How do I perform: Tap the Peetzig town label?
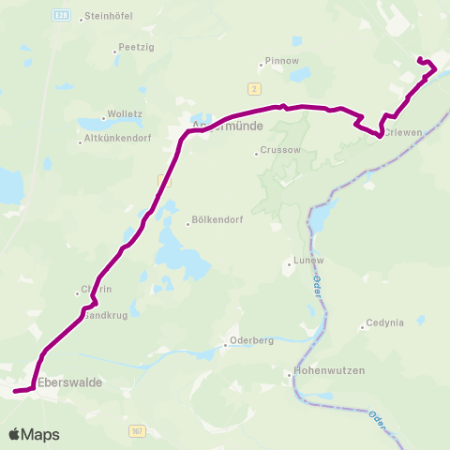click(131, 47)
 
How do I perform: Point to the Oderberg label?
click(249, 341)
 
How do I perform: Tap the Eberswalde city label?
click(70, 382)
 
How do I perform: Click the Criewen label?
click(406, 133)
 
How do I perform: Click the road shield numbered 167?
click(137, 429)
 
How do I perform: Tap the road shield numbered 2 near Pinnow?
click(253, 87)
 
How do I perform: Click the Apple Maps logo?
click(34, 434)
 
